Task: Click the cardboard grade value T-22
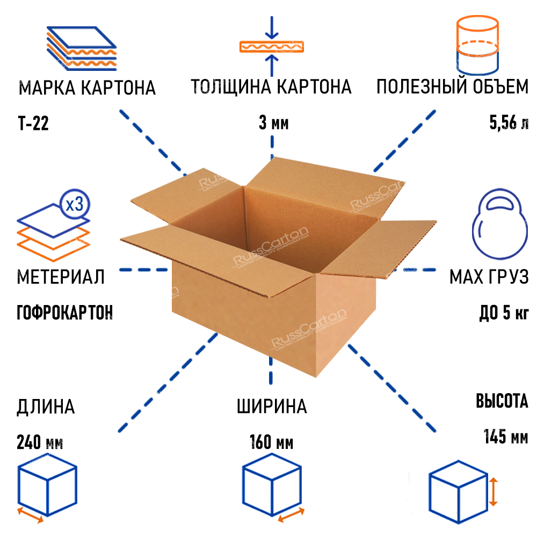[x=33, y=125]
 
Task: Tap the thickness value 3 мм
[x=273, y=124]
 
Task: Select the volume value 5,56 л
[x=509, y=124]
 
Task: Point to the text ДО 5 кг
[x=503, y=313]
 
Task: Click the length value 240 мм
[x=40, y=444]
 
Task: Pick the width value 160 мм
[x=271, y=444]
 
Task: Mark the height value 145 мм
[x=505, y=436]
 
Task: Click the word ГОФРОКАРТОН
[x=65, y=313]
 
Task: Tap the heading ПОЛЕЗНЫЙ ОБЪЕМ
[x=452, y=87]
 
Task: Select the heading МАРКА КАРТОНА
[x=87, y=88]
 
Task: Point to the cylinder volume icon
[x=477, y=45]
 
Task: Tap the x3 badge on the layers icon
[x=75, y=204]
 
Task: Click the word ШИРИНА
[x=272, y=407]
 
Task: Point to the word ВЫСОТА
[x=502, y=401]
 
